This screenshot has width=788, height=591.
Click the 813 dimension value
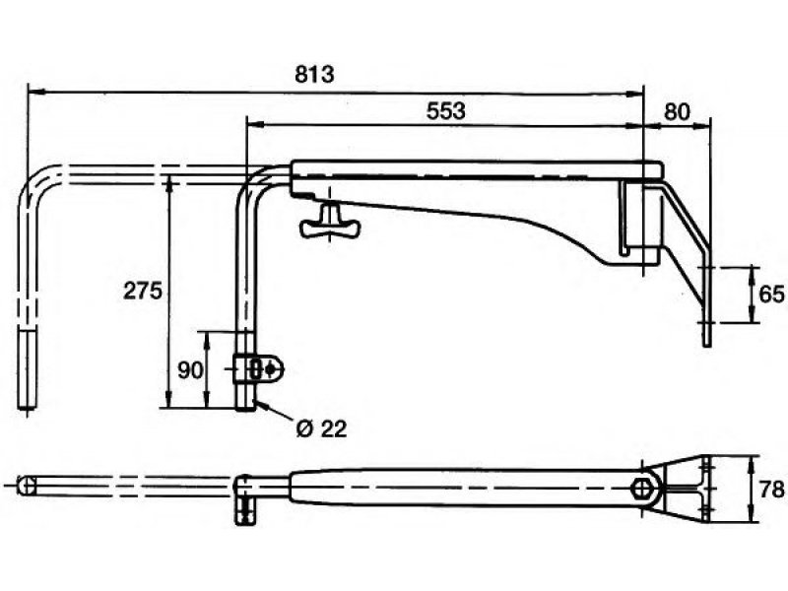click(317, 75)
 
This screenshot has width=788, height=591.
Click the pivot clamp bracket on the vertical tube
click(262, 369)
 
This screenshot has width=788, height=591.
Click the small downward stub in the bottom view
click(242, 511)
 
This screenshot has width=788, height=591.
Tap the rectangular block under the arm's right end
click(641, 223)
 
